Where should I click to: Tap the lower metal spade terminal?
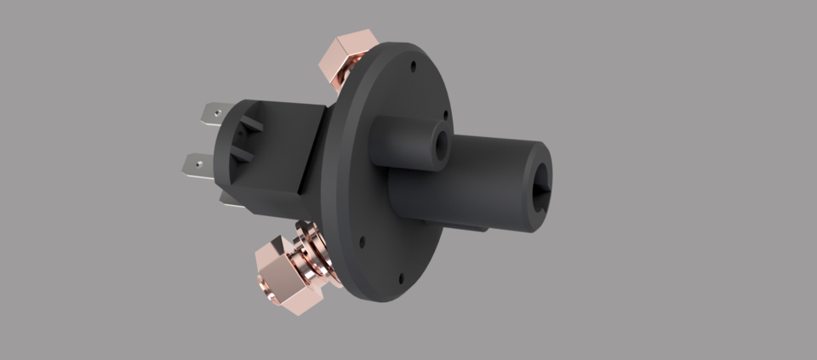tap(197, 163)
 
